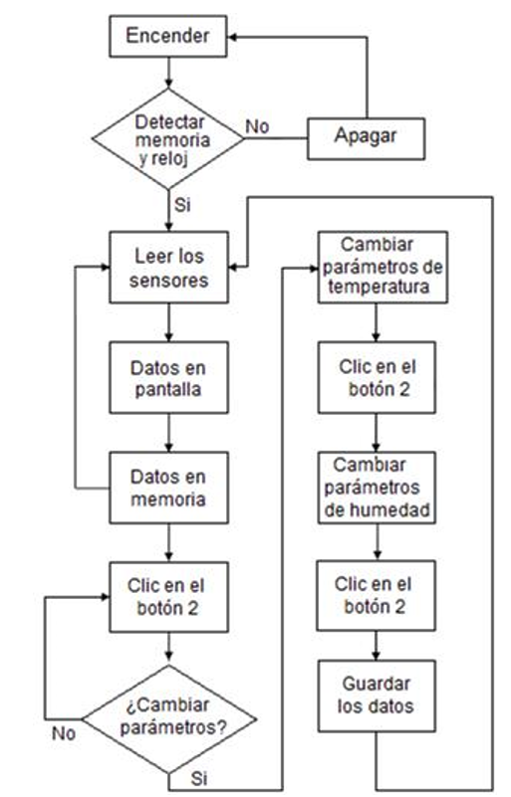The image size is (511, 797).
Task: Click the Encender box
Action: pos(168,36)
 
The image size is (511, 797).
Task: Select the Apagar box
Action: pos(366,138)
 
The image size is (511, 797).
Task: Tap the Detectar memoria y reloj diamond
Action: pos(168,139)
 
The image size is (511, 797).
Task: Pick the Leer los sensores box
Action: pos(169,268)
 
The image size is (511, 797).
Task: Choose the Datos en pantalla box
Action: pos(169,377)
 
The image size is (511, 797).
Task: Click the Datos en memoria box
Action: pos(169,488)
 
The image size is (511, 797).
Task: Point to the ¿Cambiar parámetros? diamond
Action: pos(169,718)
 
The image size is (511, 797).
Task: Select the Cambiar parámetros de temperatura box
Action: pos(383,268)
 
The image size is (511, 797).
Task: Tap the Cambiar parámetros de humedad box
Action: pos(377,488)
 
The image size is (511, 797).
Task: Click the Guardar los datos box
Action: pos(377,696)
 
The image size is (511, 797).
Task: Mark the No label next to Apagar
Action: pos(258,126)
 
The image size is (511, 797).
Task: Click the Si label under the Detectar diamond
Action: pos(182,204)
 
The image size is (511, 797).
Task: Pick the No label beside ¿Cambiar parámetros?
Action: pos(64,733)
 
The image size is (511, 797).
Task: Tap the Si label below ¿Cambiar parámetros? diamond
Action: pos(199,778)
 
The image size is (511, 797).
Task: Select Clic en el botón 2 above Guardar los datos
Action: pos(377,596)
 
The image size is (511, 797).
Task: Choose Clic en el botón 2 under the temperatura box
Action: pos(377,377)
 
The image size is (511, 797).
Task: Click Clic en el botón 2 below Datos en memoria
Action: pos(169,597)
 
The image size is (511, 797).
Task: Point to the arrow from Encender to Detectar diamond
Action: pos(168,73)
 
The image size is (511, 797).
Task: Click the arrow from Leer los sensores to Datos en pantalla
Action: pos(168,322)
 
